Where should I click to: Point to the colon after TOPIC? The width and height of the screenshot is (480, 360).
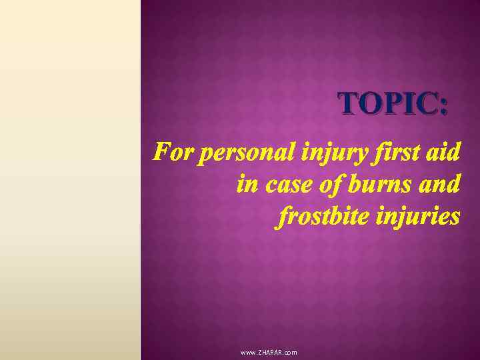(x=444, y=105)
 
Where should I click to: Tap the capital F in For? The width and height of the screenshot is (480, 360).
(x=159, y=153)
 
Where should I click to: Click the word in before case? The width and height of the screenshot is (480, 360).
(x=247, y=185)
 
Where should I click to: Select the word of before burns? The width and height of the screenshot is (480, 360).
(x=331, y=185)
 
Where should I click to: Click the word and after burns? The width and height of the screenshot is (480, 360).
(x=440, y=185)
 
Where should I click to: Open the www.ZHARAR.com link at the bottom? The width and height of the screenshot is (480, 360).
(x=269, y=352)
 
